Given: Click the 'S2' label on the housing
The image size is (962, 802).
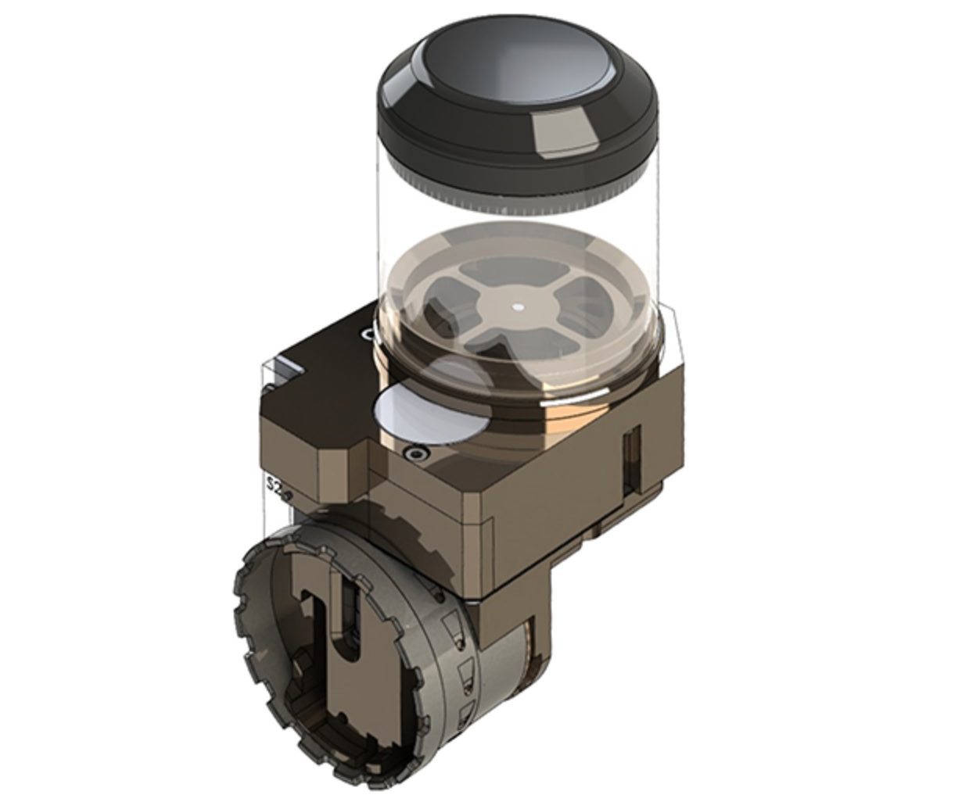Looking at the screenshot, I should [273, 484].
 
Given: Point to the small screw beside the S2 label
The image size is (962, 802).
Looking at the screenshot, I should [288, 495].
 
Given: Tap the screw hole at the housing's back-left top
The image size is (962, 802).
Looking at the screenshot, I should [365, 335].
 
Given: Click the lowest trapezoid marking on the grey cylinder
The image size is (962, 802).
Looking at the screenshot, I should [467, 712].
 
